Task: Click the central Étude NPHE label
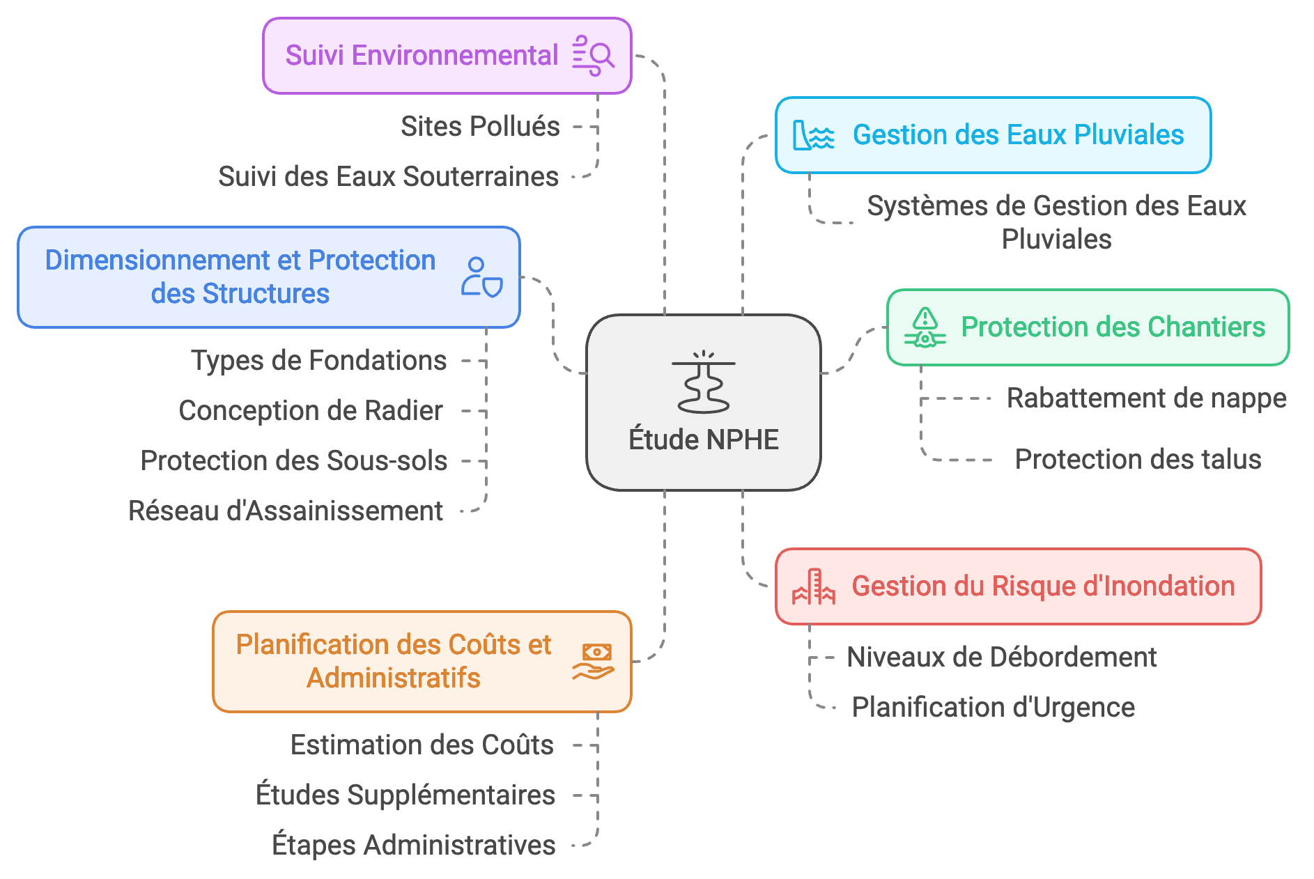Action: click(703, 440)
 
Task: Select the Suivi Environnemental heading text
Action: click(422, 56)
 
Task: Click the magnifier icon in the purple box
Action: click(593, 56)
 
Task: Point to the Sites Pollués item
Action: click(480, 127)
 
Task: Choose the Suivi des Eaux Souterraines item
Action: click(388, 177)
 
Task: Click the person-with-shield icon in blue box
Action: click(481, 277)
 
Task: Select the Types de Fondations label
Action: click(318, 361)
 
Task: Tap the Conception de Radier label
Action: click(311, 411)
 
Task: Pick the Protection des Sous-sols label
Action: click(293, 461)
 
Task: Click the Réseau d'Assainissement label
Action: click(286, 511)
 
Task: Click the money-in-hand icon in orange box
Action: click(594, 662)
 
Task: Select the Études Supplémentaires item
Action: click(405, 795)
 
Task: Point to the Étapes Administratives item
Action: click(413, 846)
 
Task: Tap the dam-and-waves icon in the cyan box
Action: click(813, 135)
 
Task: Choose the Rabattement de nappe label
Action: click(1146, 398)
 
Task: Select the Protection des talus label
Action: click(1138, 460)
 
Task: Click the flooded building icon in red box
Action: click(813, 587)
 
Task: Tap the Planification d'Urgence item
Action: click(993, 708)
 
